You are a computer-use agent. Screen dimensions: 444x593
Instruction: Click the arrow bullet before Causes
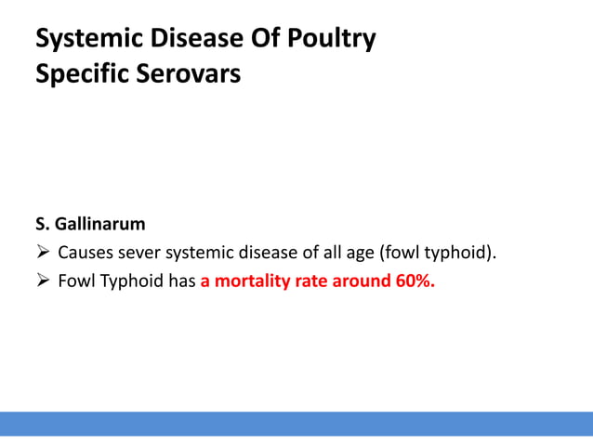point(42,253)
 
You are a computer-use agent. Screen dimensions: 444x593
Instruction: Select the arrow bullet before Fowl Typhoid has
point(42,281)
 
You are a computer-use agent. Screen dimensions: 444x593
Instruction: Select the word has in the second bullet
point(181,281)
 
